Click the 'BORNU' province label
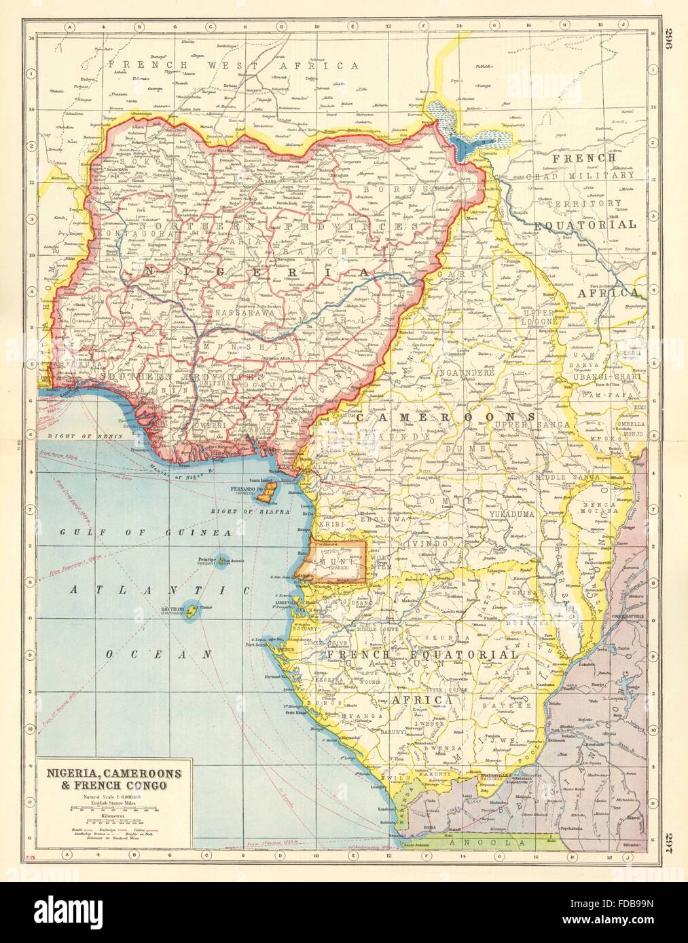(x=388, y=191)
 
